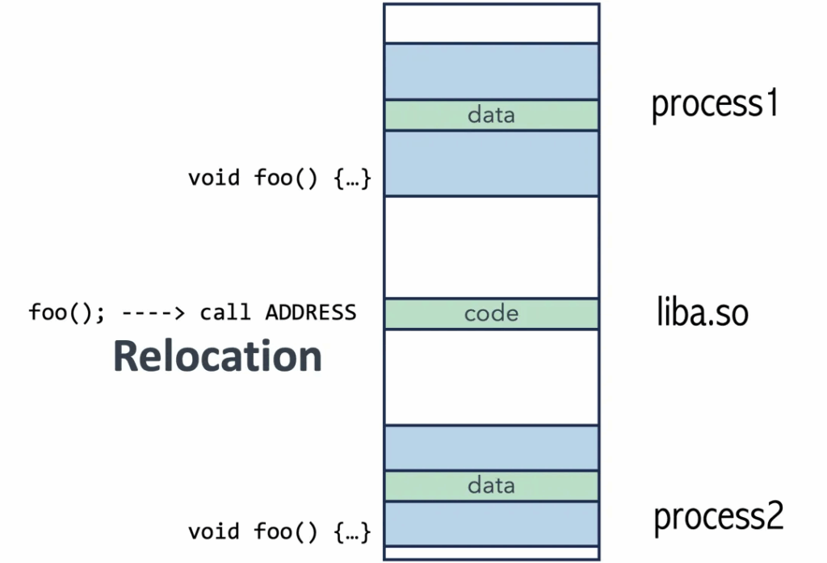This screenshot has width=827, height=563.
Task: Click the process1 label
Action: click(x=715, y=104)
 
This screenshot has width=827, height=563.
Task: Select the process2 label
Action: click(x=718, y=517)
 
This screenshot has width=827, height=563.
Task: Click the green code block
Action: click(x=492, y=314)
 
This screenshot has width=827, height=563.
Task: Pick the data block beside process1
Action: click(x=492, y=115)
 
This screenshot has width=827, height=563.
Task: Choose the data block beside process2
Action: click(x=492, y=485)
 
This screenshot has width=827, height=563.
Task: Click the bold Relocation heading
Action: click(x=217, y=356)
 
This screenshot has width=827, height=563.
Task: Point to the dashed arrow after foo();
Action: click(x=153, y=313)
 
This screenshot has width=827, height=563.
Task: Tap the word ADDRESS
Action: click(x=311, y=313)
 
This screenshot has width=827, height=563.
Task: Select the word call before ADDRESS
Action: click(x=225, y=313)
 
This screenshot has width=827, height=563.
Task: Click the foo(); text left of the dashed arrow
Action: click(x=67, y=313)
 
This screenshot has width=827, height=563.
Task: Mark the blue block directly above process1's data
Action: click(x=492, y=71)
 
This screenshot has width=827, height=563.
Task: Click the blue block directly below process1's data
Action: click(x=492, y=164)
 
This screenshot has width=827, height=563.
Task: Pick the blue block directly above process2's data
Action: click(x=492, y=447)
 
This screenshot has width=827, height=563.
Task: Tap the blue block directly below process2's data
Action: click(x=492, y=524)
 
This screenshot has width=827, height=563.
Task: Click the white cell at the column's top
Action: click(x=492, y=23)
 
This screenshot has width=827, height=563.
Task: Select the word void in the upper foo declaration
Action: click(x=213, y=178)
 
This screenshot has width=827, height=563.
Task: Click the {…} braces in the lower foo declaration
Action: click(x=353, y=531)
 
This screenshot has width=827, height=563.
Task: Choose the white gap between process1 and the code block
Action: click(x=492, y=247)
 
